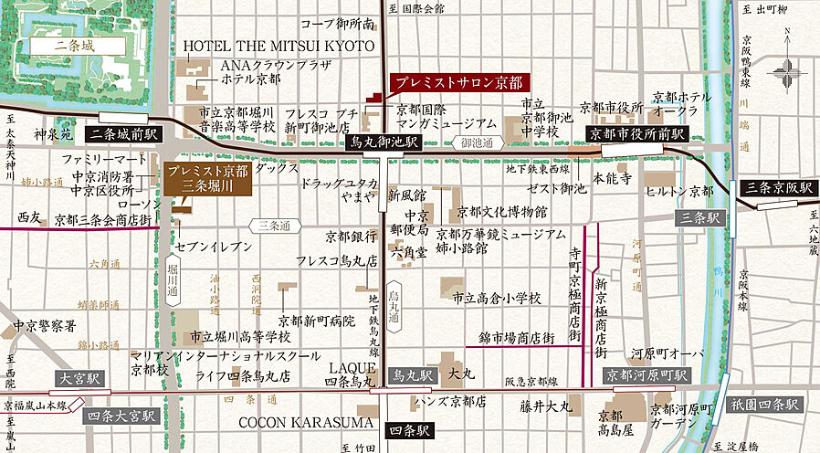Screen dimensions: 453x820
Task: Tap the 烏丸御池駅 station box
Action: [x=384, y=142]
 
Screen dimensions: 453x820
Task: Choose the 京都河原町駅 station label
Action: [x=646, y=374]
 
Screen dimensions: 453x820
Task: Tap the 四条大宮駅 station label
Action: [x=121, y=416]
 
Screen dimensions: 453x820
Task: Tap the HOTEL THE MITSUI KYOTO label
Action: [x=279, y=46]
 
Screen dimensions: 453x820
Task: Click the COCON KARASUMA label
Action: [x=306, y=422]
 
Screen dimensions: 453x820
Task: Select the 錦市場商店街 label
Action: [x=516, y=338]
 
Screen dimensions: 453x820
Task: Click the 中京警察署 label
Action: [x=44, y=325]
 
